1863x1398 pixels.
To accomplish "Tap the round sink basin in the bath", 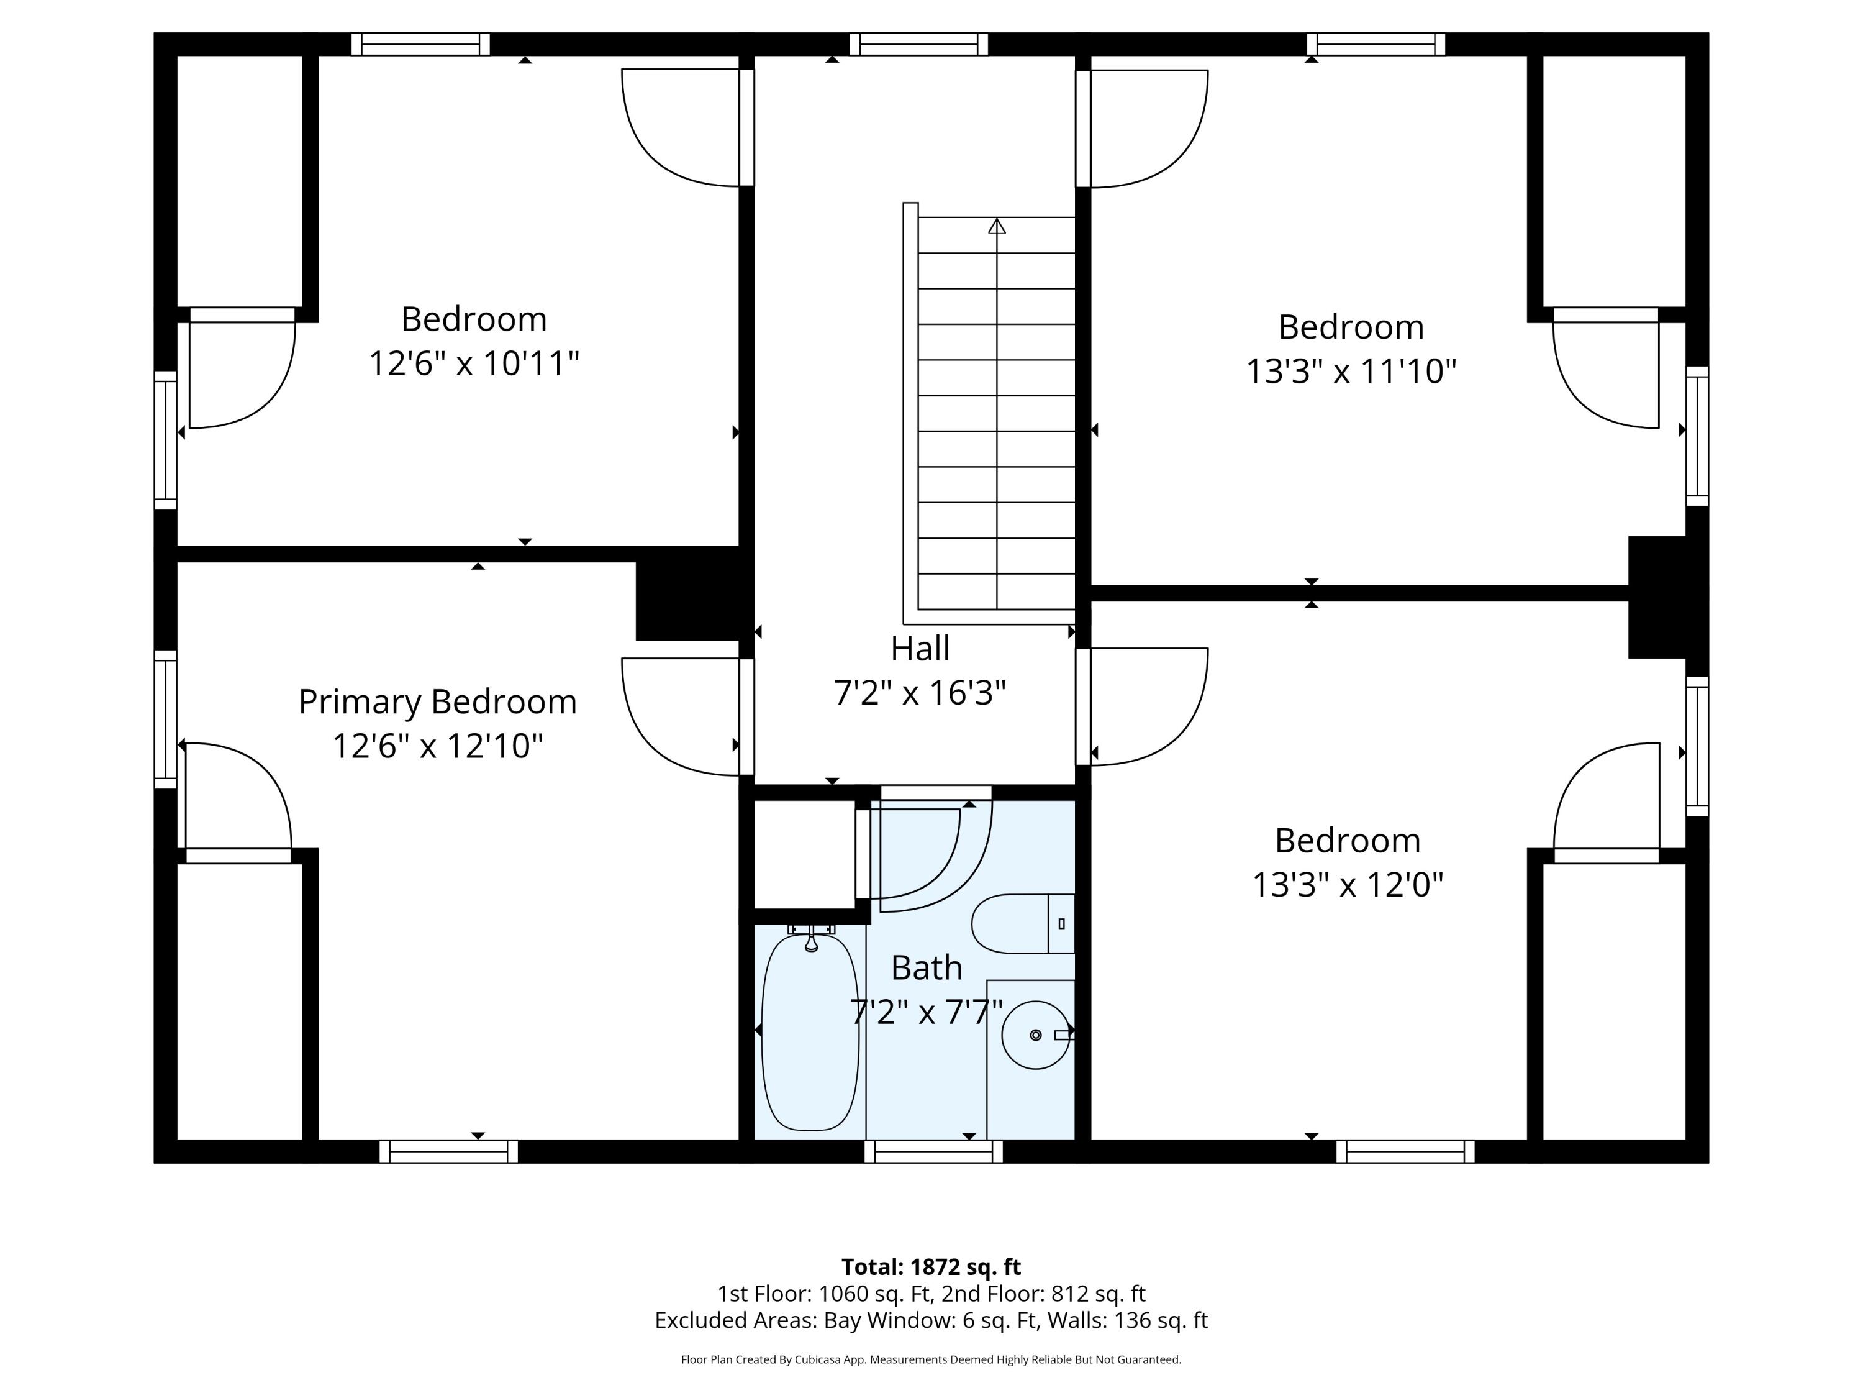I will [x=1035, y=1035].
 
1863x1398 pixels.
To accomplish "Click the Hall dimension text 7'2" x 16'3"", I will [x=920, y=693].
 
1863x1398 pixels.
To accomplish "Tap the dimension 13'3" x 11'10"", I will [x=1351, y=371].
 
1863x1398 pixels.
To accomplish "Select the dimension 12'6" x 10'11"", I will [x=474, y=363].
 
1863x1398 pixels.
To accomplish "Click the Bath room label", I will [x=927, y=967].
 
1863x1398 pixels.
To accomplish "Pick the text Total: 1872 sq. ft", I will [x=931, y=1266].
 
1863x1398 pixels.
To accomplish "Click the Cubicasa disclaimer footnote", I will [x=931, y=1359].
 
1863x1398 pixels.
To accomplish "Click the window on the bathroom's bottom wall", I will [x=933, y=1151].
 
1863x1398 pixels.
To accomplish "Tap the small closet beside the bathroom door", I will [x=804, y=853].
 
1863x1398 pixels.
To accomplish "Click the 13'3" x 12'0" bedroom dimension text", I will [x=1348, y=885].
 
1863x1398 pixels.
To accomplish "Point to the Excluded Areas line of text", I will [x=931, y=1320].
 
